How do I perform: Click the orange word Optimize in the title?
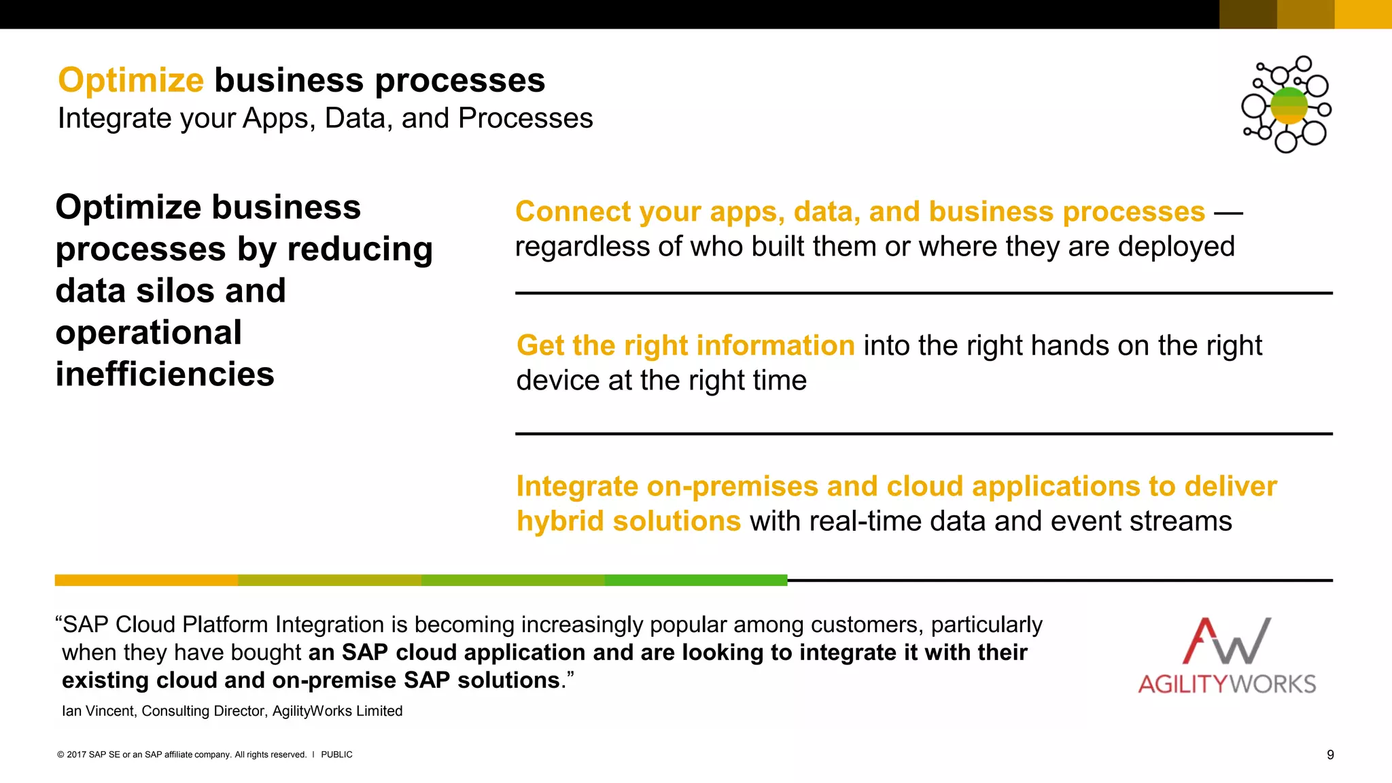[130, 80]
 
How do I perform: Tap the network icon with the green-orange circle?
[1287, 105]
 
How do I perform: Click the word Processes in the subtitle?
[525, 118]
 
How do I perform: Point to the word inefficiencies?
[164, 375]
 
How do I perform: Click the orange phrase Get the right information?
[685, 346]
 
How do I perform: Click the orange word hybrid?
[559, 521]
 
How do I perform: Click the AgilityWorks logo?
[1227, 655]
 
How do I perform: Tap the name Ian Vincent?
[98, 711]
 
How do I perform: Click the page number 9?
[1330, 754]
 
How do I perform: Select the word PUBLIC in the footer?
[336, 754]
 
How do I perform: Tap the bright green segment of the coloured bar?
[695, 580]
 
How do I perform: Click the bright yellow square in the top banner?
[1363, 14]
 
